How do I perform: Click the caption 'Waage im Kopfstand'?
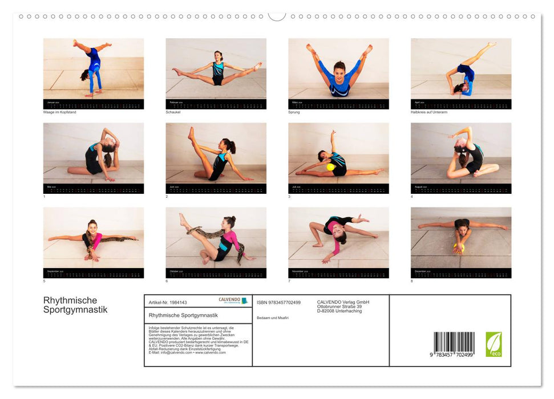point(59,112)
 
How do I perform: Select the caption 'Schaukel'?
point(173,112)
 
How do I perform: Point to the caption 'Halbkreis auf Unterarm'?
point(426,112)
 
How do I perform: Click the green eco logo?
point(494,344)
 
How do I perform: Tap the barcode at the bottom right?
point(454,344)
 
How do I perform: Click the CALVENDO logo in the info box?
point(233,300)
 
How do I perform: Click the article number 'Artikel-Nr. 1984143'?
point(168,302)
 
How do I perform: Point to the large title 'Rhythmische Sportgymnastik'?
point(75,305)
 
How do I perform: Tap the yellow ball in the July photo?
point(330,167)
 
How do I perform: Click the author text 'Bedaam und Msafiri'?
point(273,317)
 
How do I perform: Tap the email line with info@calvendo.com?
point(187,352)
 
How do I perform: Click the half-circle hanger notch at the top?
point(277,16)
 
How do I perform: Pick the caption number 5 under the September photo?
point(45,281)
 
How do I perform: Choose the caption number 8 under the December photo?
point(412,281)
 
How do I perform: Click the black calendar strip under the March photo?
point(338,104)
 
